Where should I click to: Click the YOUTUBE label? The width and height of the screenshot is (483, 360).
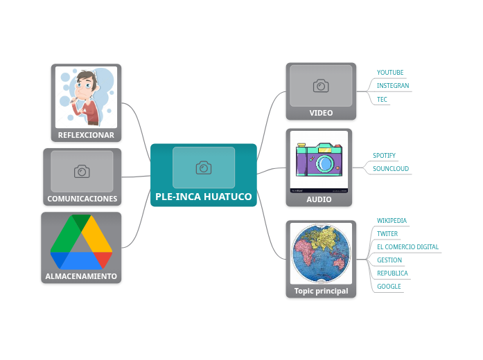[389, 73]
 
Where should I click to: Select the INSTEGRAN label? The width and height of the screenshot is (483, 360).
[392, 86]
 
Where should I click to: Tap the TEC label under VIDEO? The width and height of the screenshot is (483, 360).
[382, 100]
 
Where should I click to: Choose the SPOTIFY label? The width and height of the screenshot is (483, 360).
[384, 156]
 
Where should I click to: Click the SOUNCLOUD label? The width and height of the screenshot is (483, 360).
[390, 169]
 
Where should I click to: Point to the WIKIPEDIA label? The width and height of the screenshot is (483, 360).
[392, 221]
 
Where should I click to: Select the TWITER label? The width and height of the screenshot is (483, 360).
[387, 234]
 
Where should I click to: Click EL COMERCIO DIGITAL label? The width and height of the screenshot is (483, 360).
[407, 247]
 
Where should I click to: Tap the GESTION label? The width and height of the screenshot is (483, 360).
[389, 260]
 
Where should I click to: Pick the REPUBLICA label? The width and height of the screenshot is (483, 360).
[392, 273]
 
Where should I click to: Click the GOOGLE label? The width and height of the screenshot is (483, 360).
[389, 287]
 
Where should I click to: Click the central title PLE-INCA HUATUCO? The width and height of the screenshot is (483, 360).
[204, 197]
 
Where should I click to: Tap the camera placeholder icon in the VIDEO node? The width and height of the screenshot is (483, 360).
[321, 86]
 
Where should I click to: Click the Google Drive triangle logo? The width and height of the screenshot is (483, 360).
[81, 242]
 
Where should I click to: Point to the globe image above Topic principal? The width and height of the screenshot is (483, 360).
[321, 253]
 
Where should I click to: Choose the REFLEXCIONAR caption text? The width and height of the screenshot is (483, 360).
[86, 135]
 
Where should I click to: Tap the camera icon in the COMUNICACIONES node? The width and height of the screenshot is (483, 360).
[82, 171]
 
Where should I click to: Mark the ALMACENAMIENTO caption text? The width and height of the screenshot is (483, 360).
[81, 276]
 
